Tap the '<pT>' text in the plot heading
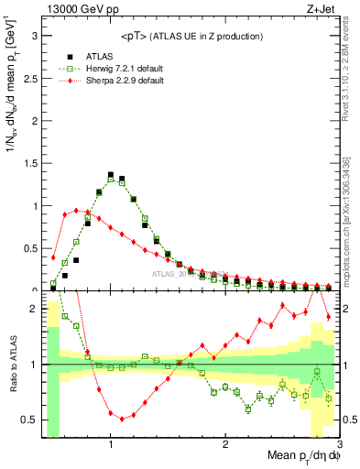(136, 36)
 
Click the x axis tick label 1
(111, 445)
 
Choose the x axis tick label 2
(225, 445)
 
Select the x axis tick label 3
(339, 445)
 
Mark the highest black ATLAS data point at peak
(111, 174)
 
